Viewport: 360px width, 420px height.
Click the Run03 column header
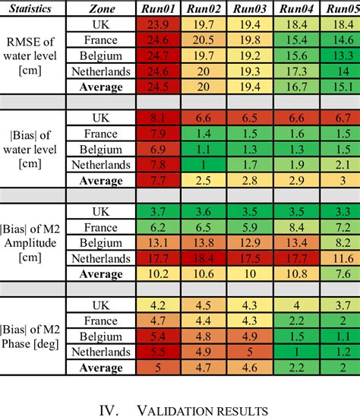(x=250, y=9)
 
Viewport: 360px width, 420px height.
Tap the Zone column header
(x=102, y=9)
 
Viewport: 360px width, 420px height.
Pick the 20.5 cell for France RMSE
(x=204, y=40)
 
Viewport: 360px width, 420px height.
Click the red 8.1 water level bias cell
(x=159, y=118)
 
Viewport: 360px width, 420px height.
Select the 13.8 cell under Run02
(x=204, y=243)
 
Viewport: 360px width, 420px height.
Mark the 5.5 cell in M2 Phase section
(x=159, y=352)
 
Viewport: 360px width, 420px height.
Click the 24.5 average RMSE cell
(x=159, y=87)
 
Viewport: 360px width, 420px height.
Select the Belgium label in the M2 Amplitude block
(x=102, y=243)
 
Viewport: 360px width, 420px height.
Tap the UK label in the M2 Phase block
(x=102, y=306)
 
